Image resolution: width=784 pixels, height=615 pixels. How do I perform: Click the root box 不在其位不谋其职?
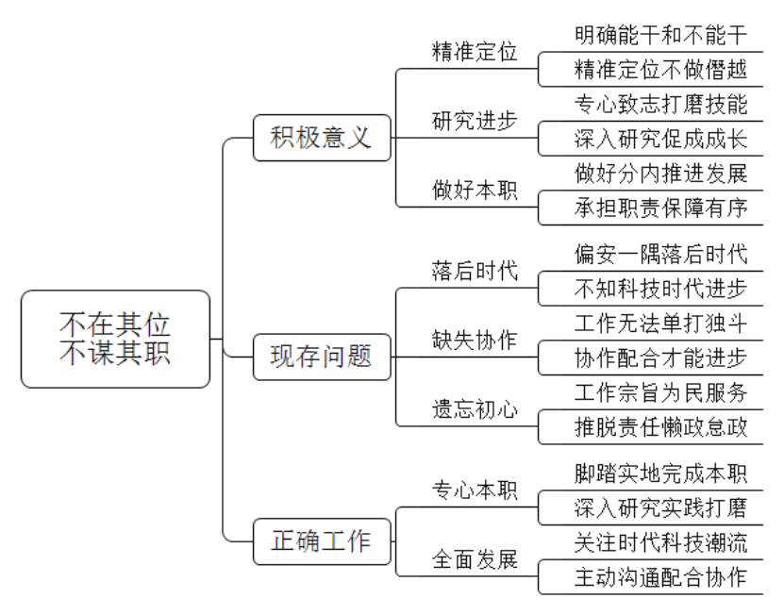pos(115,339)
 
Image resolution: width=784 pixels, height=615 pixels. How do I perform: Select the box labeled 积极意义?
pos(322,138)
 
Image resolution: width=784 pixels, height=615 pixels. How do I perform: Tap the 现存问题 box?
pos(322,357)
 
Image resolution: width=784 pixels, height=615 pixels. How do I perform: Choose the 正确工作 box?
pos(322,541)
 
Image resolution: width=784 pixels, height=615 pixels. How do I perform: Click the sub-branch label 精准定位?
pos(475,52)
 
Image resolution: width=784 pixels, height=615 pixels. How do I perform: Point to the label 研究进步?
pos(475,121)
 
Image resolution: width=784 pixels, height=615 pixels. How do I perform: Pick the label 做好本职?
pos(475,190)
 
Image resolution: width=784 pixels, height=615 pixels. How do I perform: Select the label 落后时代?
pos(475,271)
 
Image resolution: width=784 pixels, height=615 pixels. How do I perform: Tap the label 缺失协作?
pos(475,340)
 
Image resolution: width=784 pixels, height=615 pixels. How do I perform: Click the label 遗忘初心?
pos(475,409)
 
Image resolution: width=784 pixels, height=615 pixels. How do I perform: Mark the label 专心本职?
pos(475,490)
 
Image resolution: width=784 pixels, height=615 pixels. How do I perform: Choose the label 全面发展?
pos(475,559)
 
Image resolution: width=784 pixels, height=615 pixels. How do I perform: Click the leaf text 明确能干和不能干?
pos(660,35)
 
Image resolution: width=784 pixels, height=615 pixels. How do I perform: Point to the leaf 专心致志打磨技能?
pos(660,104)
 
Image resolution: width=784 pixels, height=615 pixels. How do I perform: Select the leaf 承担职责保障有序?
pos(660,208)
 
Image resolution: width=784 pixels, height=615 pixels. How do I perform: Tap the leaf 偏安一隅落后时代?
pos(660,254)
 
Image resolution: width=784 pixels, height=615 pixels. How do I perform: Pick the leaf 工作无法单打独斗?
pos(660,323)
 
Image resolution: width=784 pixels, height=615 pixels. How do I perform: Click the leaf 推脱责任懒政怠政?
pos(660,426)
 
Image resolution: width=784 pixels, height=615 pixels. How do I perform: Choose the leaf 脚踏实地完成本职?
pos(660,473)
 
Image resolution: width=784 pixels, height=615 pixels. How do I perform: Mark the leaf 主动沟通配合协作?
pos(660,576)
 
